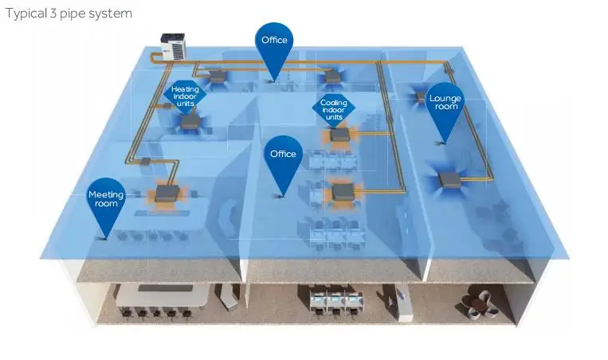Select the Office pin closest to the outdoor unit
click(x=274, y=40)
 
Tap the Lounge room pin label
click(x=445, y=102)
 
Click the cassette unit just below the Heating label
click(x=189, y=122)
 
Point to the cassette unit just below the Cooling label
click(x=340, y=135)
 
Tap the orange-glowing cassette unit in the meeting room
click(x=168, y=193)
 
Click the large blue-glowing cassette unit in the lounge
click(x=449, y=178)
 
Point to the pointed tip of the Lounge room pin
click(x=440, y=143)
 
